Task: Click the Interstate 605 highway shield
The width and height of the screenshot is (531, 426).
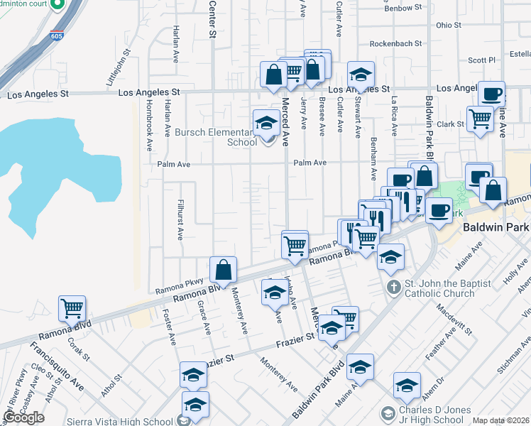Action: tap(56, 35)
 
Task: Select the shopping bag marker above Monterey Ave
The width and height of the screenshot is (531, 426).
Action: tap(223, 270)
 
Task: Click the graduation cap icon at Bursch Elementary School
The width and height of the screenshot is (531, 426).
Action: tap(266, 123)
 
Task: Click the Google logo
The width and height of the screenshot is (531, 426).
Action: tap(23, 417)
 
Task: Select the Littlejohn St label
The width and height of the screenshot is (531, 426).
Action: tap(119, 67)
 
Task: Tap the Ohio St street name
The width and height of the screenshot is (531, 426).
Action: tap(449, 25)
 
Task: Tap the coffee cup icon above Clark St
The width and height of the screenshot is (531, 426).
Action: tap(491, 94)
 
